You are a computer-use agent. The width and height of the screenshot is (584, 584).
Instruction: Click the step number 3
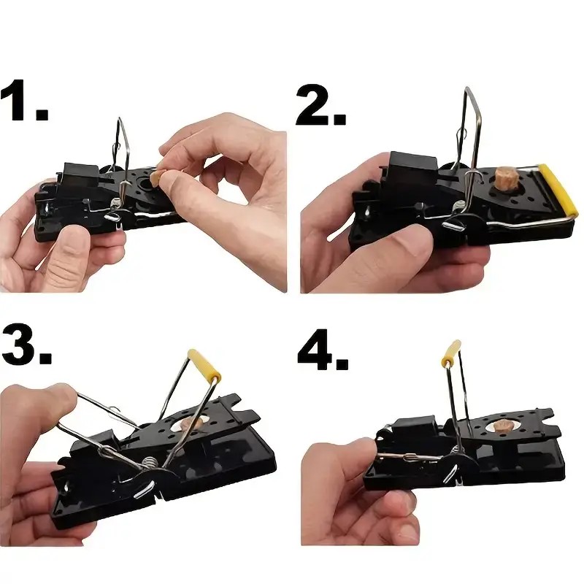pos(26,345)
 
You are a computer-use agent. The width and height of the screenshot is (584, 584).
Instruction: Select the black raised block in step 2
pos(413,167)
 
